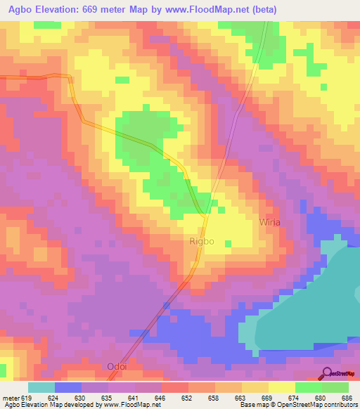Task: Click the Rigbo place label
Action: tap(201, 241)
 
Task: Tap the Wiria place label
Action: tap(270, 221)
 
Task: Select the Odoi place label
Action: tap(117, 366)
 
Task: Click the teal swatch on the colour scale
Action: tap(41, 387)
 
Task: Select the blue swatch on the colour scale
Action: tap(68, 387)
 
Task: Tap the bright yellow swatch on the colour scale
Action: tap(282, 387)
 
